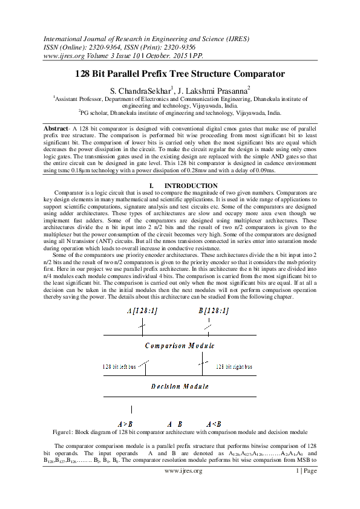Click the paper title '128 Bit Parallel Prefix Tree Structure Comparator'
(x=180, y=74)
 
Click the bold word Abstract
(x=56, y=129)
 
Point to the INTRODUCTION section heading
(x=191, y=186)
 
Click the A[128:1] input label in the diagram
(x=142, y=311)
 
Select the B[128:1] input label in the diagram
(x=214, y=311)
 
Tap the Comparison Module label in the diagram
(x=180, y=346)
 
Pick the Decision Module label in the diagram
(x=180, y=385)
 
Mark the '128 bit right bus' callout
(x=234, y=366)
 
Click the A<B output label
(x=214, y=424)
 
